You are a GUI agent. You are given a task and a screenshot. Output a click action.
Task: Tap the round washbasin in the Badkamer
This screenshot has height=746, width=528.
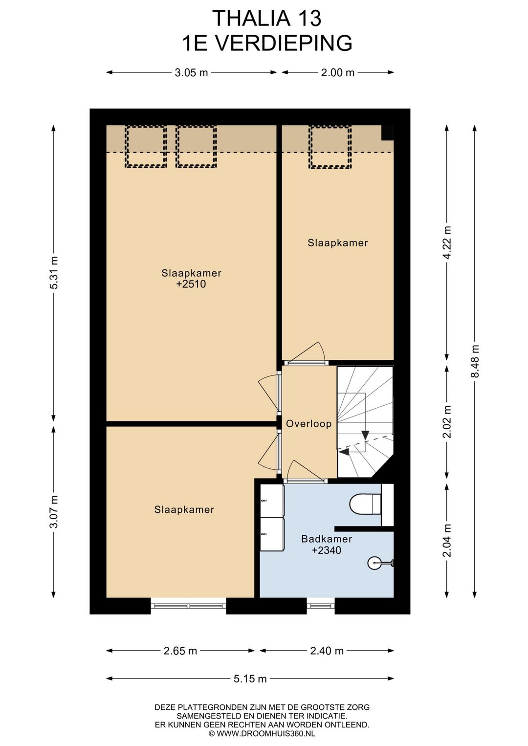pos(375,563)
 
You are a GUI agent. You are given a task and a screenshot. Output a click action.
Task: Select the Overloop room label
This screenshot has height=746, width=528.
pos(308,424)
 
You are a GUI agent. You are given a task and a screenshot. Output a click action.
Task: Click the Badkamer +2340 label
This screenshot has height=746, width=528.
pos(327,545)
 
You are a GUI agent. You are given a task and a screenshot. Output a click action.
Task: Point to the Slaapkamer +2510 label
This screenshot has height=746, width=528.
pos(191,279)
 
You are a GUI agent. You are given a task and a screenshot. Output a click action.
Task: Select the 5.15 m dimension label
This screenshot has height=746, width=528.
pos(250,679)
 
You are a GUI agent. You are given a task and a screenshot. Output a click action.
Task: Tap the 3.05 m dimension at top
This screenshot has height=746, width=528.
pos(191,73)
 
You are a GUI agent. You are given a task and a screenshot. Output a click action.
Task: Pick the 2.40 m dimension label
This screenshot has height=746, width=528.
pos(327,651)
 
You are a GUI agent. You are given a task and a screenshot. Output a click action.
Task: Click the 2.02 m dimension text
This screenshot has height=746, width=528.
pos(446,421)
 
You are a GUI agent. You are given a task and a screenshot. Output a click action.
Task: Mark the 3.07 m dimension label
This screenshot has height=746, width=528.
pos(54,511)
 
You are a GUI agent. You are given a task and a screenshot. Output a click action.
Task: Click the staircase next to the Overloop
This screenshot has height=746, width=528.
pos(365,421)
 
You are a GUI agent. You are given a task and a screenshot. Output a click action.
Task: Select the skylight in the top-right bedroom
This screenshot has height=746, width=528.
pos(330,147)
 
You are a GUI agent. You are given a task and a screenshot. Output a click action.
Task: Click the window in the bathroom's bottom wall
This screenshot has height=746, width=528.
pos(320,606)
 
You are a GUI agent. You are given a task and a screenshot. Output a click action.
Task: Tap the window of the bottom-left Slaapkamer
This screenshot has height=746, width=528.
pos(188,606)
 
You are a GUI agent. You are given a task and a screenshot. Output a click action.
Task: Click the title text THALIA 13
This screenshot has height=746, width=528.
pos(267,19)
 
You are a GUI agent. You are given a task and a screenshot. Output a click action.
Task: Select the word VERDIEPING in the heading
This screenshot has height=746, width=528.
pos(284,43)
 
